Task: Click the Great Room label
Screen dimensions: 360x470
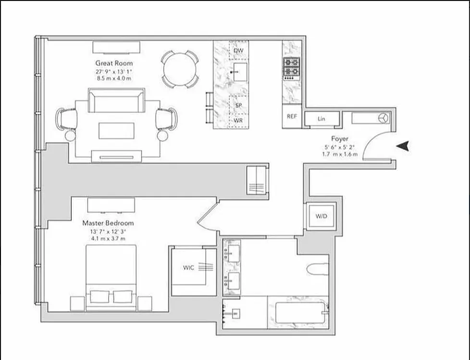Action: (114, 63)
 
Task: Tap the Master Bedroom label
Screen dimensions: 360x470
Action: (108, 223)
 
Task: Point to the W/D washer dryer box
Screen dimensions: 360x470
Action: (321, 216)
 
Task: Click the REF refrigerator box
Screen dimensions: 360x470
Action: (292, 116)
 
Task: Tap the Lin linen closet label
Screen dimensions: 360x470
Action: (322, 119)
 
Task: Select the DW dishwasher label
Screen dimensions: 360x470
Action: (238, 50)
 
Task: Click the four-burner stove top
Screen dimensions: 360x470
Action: (291, 67)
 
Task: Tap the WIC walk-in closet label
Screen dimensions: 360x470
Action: (189, 268)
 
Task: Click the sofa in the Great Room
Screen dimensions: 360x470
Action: (116, 100)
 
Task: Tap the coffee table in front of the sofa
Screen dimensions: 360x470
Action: (116, 130)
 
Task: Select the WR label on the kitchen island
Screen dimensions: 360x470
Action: (238, 121)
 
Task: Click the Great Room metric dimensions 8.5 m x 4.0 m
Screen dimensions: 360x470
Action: (114, 78)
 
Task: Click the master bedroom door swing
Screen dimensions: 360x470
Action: (208, 219)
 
